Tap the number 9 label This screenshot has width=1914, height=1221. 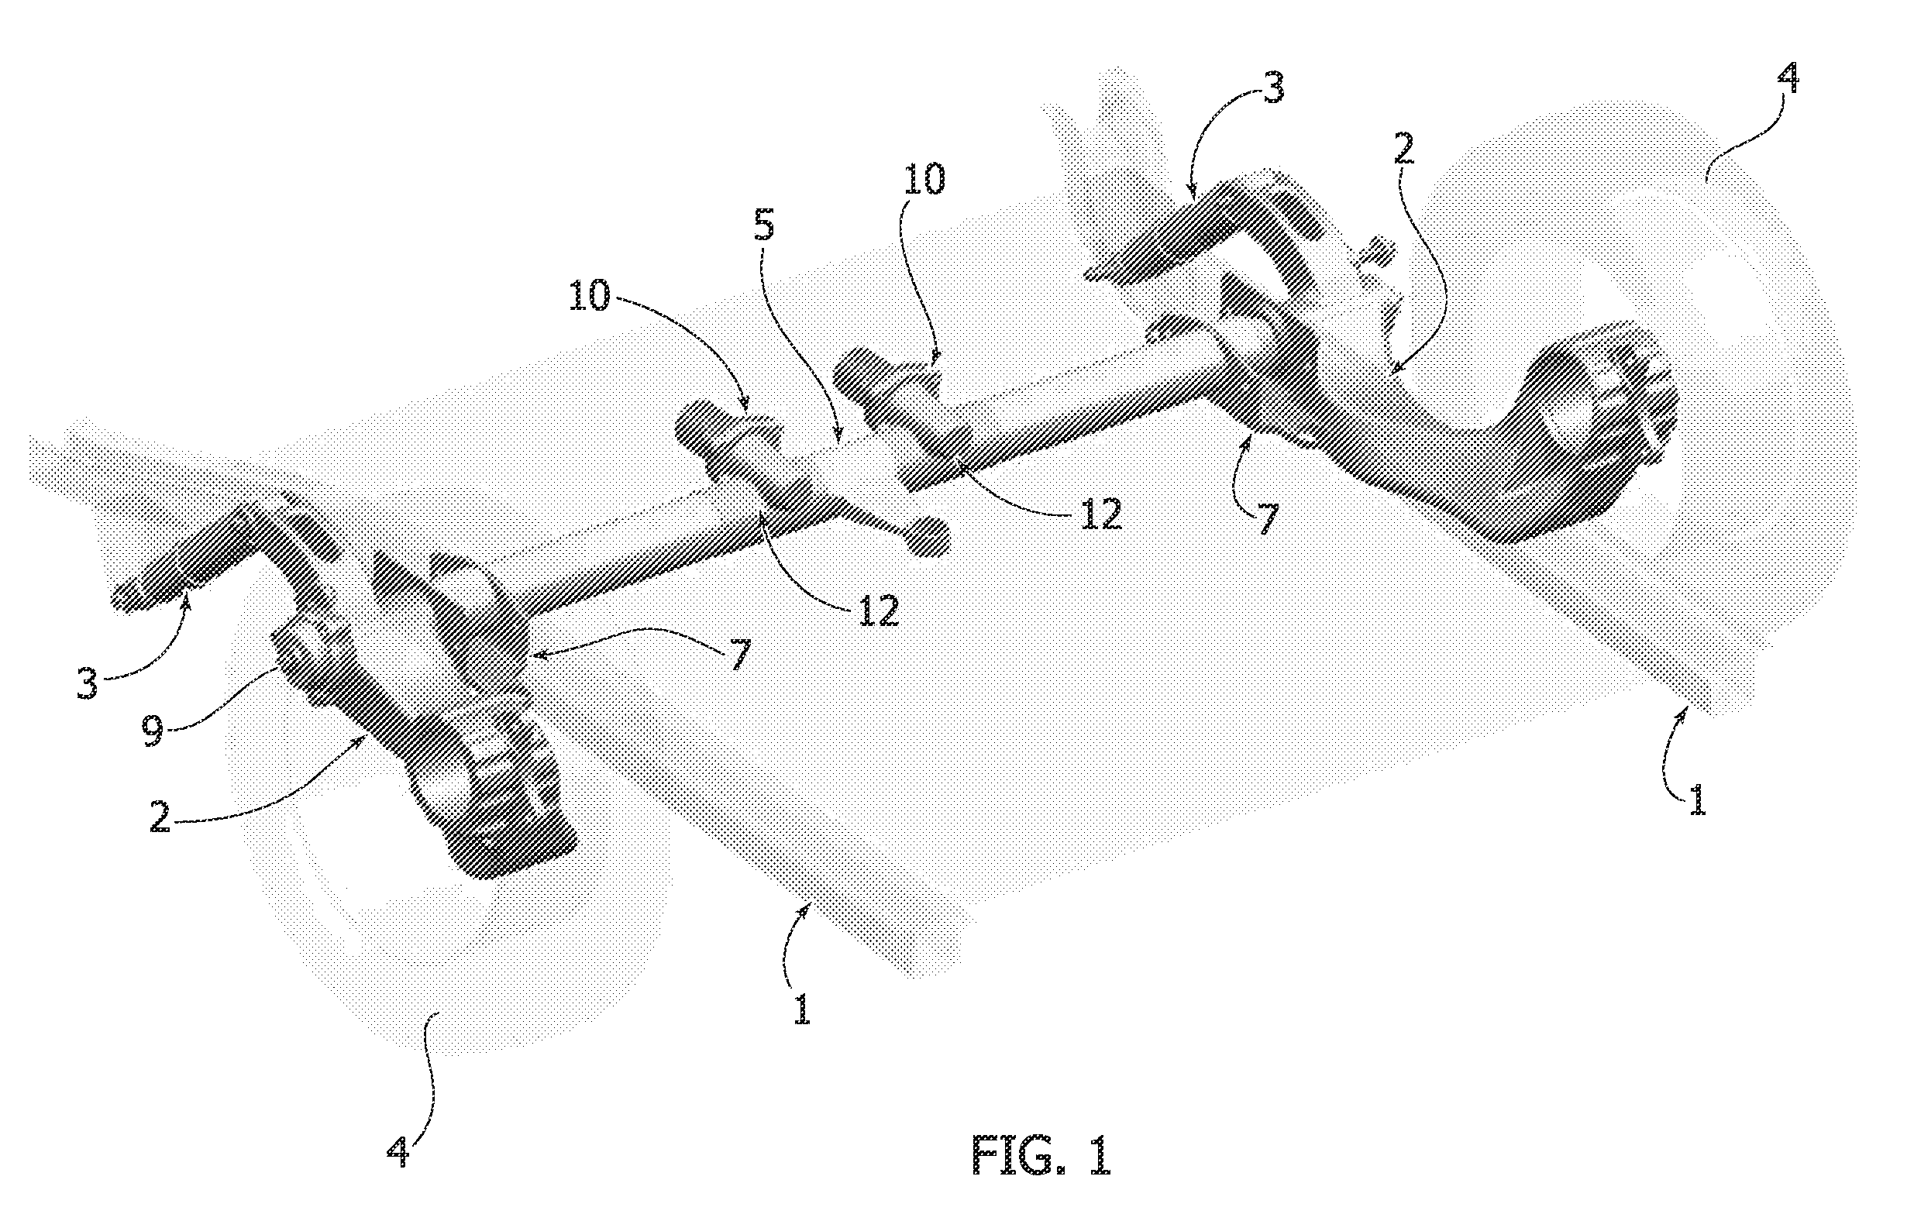click(153, 731)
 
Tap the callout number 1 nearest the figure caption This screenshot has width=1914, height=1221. click(802, 1006)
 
